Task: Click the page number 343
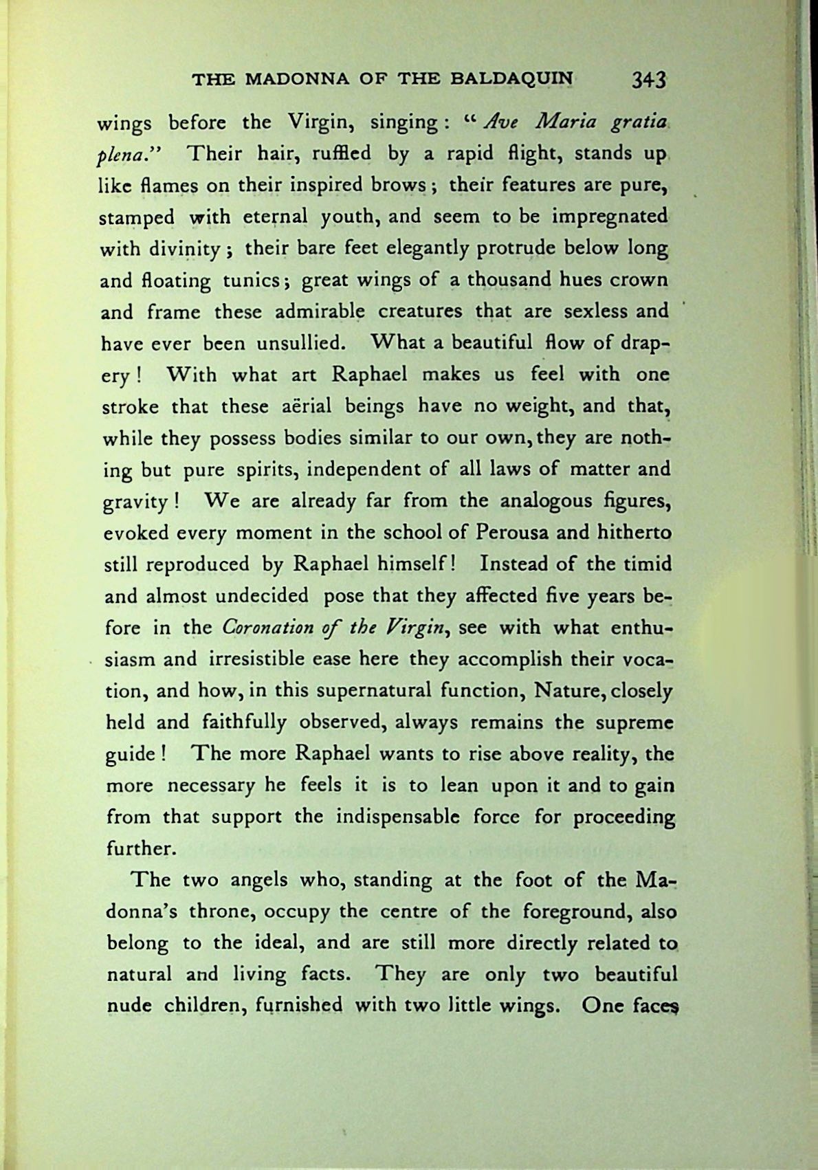coord(649,79)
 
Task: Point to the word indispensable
coord(397,817)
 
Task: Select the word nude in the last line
coord(130,1006)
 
